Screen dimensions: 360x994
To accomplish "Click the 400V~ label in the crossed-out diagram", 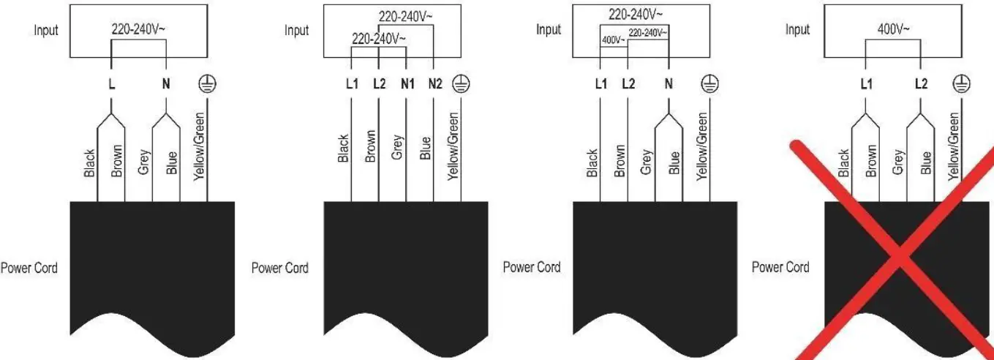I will point(893,29).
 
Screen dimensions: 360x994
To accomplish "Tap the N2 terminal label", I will point(434,84).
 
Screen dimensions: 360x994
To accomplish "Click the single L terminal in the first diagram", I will point(111,84).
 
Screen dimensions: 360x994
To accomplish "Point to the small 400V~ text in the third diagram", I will point(613,40).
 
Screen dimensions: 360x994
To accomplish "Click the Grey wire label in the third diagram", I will point(646,162).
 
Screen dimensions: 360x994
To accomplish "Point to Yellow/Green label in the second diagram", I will point(453,146).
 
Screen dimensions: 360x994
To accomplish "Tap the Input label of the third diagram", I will point(549,30).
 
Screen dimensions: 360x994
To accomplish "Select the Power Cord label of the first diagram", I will point(29,267).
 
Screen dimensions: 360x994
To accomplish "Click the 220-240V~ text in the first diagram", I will point(139,29).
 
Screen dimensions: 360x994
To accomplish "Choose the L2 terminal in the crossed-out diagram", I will point(921,84).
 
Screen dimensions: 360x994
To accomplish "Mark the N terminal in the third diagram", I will point(668,84).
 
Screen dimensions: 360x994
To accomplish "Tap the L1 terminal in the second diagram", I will point(351,84).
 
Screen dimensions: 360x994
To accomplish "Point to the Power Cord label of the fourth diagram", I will point(780,267).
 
